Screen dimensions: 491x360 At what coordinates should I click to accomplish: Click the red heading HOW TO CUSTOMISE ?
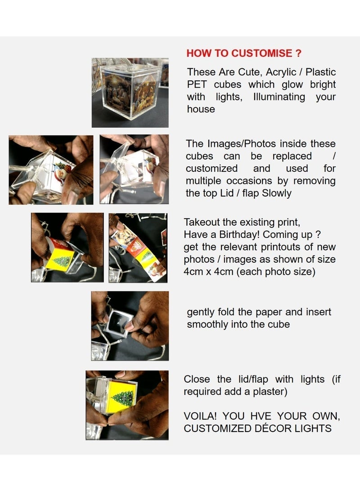(243, 53)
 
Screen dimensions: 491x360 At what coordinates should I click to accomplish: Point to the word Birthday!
(260, 235)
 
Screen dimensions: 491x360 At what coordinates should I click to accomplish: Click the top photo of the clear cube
(130, 93)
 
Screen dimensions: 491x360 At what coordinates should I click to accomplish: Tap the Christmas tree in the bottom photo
(122, 397)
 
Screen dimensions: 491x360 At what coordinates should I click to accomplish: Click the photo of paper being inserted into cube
(130, 326)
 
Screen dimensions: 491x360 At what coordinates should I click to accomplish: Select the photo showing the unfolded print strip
(138, 248)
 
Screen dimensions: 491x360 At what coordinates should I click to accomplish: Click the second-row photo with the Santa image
(51, 170)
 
